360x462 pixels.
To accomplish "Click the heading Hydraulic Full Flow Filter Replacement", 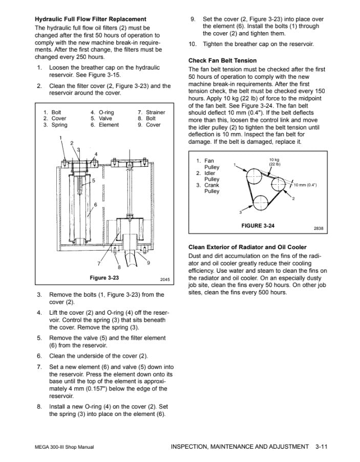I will pos(90,19).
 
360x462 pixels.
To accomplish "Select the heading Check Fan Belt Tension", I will pos(222,60).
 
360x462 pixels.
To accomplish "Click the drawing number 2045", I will pos(164,279).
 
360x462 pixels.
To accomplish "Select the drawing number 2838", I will pos(318,228).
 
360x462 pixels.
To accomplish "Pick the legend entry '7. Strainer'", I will pos(151,113).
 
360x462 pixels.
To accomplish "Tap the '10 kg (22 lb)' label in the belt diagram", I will pos(274,162).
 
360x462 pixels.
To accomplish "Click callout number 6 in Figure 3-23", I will pos(95,205).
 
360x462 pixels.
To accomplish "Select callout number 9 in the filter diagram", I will pos(148,262).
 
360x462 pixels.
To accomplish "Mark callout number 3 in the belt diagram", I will pos(240,212).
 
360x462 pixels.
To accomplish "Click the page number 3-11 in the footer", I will pos(321,447).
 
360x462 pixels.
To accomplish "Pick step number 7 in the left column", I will pos(39,367).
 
